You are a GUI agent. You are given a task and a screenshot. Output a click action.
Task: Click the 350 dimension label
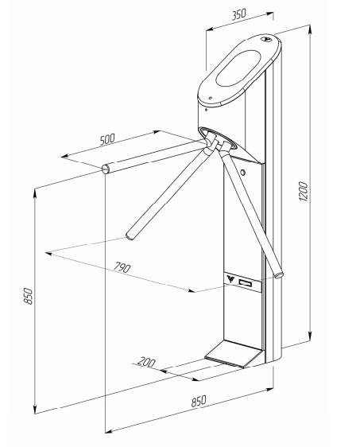pos(238,14)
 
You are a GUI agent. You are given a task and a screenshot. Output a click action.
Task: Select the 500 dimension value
pos(107,139)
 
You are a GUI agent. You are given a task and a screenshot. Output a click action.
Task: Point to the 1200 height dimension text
pos(304,191)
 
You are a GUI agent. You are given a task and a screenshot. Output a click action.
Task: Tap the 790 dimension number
pos(122,267)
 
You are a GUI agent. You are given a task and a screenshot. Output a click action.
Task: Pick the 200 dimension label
pos(146,362)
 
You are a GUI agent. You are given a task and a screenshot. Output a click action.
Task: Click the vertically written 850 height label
pos(29,296)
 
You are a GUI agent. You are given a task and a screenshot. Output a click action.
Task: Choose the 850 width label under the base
pos(198,401)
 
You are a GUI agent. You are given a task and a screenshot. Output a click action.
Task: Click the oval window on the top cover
pos(238,68)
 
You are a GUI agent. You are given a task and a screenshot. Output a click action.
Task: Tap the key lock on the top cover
pos(266,38)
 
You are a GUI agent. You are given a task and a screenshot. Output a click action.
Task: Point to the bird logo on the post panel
pos(230,278)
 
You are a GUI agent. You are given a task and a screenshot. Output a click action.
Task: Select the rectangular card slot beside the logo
pos(246,283)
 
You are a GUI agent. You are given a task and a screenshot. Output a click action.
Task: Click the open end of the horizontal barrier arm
pos(106,169)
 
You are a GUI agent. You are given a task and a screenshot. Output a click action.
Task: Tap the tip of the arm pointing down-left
pos(130,236)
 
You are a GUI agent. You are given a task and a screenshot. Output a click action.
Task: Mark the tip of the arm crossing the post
pos(279,275)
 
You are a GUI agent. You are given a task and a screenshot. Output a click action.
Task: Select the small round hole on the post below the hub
pos(242,173)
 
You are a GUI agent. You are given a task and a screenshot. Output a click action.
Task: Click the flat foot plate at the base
pos(233,354)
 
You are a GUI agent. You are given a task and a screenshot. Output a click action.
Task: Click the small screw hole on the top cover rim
pos(210,98)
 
